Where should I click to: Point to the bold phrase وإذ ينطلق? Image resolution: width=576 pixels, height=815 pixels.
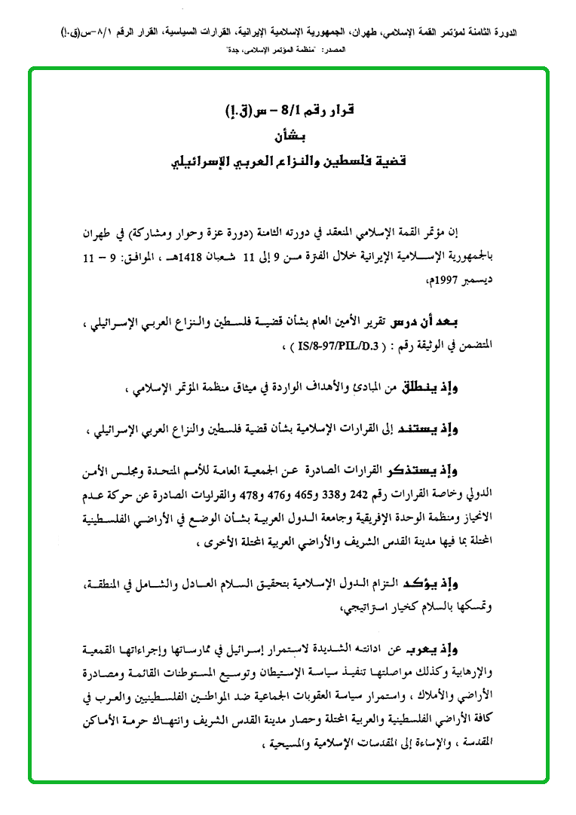click(x=487, y=388)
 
